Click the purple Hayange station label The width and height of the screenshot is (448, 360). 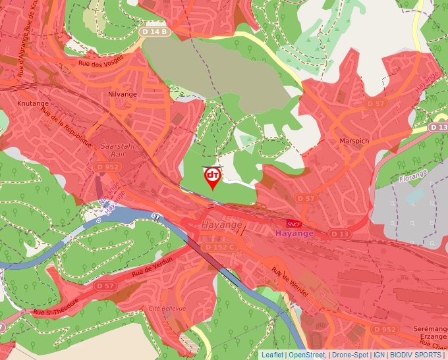(294, 234)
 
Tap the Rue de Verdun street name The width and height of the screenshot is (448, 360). (152, 267)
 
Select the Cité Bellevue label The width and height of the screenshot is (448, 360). (167, 308)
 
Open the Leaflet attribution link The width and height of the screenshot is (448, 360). (271, 355)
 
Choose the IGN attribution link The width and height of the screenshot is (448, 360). (379, 355)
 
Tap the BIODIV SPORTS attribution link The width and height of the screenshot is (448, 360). (415, 355)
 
